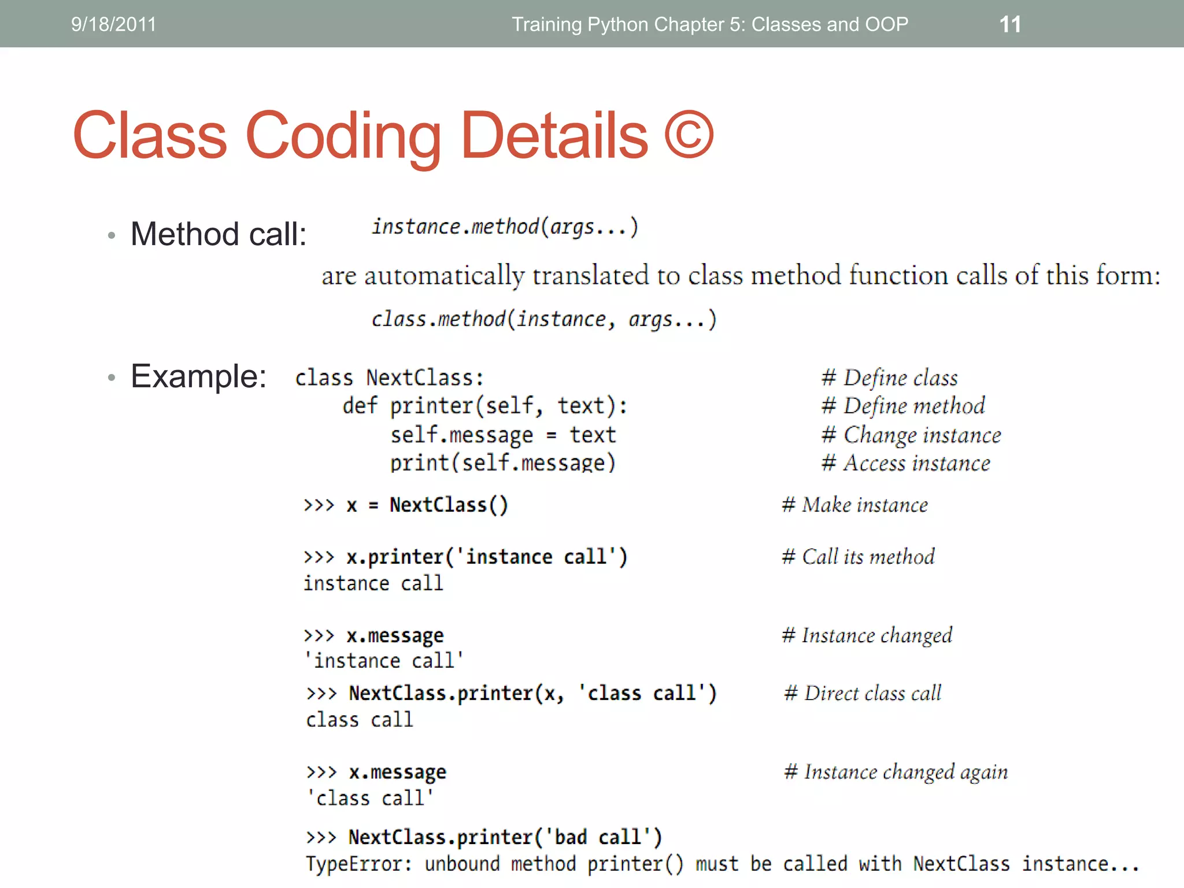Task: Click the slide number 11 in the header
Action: pos(1010,24)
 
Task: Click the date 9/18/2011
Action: pos(113,24)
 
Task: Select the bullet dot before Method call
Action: pos(112,235)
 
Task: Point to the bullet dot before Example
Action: pos(112,378)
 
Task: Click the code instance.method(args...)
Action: pos(505,227)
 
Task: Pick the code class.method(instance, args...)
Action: pos(543,319)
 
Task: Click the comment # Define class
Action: pos(889,378)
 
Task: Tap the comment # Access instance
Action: pos(905,463)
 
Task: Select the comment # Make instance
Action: pos(854,505)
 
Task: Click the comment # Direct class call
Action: pos(863,693)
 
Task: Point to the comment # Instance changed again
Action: pos(896,772)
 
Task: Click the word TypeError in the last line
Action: pos(358,864)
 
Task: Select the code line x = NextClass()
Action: pos(427,505)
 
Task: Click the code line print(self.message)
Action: pos(503,462)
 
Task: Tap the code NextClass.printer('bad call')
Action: pos(505,837)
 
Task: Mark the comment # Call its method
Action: pos(858,556)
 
